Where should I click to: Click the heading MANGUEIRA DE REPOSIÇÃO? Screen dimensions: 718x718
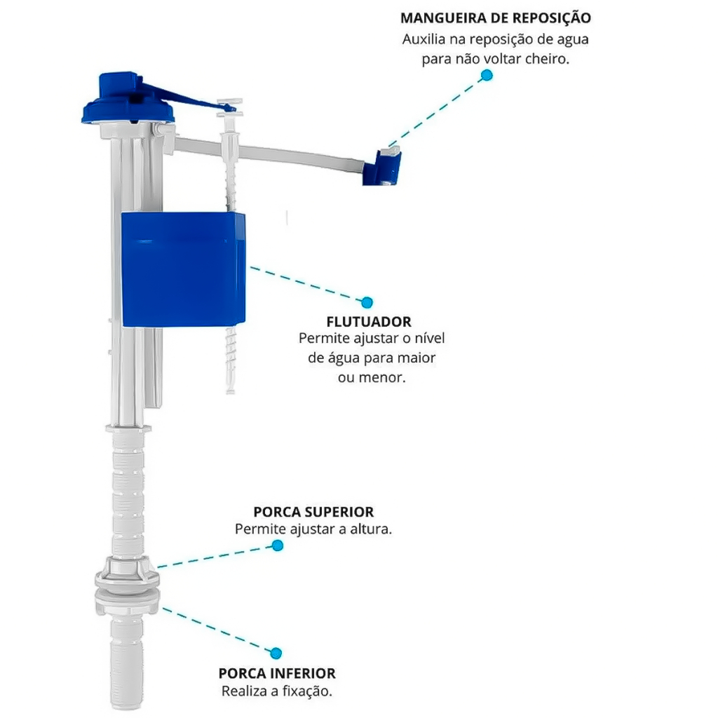click(496, 18)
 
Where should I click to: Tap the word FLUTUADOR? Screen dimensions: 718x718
click(369, 321)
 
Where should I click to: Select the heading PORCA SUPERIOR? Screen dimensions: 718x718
click(313, 511)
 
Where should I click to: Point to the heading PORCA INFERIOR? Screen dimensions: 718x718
click(277, 673)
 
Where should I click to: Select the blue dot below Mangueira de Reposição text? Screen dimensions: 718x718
click(487, 75)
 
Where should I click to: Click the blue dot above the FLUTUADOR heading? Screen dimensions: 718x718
click(367, 302)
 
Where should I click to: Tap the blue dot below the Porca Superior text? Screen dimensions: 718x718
click(278, 546)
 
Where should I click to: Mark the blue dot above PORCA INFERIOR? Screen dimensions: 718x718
click(276, 653)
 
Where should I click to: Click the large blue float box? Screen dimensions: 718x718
click(183, 269)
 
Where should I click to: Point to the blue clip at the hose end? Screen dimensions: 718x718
click(382, 167)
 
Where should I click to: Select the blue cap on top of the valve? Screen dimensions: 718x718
click(128, 98)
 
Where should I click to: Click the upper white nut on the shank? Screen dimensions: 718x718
click(128, 571)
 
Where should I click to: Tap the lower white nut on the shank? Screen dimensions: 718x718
click(128, 602)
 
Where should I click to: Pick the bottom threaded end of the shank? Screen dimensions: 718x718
click(126, 663)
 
